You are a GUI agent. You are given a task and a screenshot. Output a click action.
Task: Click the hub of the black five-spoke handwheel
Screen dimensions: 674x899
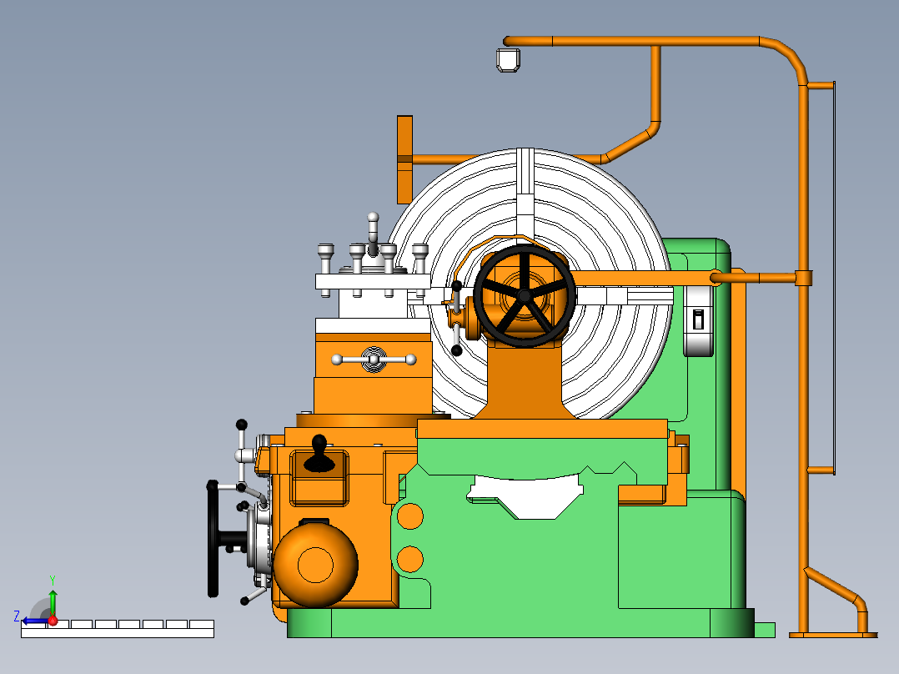click(524, 295)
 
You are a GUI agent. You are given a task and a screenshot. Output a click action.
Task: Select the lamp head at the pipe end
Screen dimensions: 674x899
click(508, 60)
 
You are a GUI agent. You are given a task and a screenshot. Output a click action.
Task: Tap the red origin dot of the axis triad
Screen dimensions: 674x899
click(53, 621)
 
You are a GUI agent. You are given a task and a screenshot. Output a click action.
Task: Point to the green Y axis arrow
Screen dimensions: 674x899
click(53, 601)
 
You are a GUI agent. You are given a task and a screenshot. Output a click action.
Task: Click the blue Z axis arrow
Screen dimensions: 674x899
click(32, 621)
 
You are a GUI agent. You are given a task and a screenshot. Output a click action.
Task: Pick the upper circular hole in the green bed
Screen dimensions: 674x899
click(409, 517)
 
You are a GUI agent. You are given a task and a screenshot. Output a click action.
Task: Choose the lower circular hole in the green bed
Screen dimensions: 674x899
click(409, 557)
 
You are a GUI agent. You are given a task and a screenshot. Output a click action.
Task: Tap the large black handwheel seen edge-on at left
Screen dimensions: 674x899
click(213, 539)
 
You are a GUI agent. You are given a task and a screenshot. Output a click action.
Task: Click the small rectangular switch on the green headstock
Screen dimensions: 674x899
click(699, 319)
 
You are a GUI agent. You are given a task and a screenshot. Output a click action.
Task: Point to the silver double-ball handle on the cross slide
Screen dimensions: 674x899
click(374, 360)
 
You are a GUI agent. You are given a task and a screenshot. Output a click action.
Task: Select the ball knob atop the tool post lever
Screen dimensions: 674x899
click(373, 218)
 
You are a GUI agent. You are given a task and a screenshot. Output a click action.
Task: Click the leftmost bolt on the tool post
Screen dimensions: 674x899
click(325, 251)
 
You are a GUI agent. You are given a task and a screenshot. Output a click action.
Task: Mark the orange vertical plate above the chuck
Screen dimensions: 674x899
click(404, 158)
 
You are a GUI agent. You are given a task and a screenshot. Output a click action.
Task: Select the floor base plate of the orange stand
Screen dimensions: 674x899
click(832, 635)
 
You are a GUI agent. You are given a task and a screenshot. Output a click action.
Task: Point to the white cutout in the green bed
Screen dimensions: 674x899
click(524, 496)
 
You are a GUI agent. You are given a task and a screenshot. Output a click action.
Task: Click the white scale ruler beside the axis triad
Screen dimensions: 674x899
click(117, 629)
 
